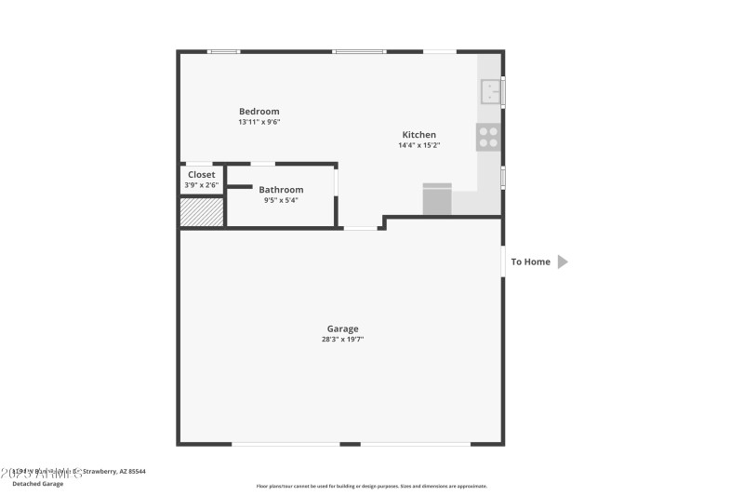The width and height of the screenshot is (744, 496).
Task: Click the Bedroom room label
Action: [259, 112]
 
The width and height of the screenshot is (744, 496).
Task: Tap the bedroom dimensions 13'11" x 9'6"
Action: [259, 122]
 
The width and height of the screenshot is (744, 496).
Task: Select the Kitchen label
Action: [418, 135]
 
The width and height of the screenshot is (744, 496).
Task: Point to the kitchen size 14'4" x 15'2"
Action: [418, 145]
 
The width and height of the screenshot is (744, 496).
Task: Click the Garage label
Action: [342, 328]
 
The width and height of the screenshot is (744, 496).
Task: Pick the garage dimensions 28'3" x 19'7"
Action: [342, 340]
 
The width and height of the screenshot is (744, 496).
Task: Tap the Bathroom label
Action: [281, 190]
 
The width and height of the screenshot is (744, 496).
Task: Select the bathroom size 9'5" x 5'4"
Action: [281, 200]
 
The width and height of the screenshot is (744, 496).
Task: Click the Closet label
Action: [201, 175]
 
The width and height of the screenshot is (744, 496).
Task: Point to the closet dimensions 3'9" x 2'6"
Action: [201, 185]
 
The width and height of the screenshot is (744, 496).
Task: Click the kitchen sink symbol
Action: [491, 91]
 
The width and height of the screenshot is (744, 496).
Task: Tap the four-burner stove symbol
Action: [488, 138]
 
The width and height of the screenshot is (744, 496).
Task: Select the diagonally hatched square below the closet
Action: [201, 212]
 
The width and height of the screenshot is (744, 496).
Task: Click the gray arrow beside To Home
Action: [562, 262]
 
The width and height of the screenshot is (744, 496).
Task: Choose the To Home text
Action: [530, 262]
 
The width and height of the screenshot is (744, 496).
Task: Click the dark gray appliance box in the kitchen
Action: [437, 199]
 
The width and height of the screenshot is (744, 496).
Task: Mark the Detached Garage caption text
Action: [38, 484]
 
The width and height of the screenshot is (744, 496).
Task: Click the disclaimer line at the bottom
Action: [371, 486]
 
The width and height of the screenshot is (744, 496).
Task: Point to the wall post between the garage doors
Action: [350, 444]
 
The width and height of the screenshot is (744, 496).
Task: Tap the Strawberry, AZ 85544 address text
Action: [113, 472]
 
